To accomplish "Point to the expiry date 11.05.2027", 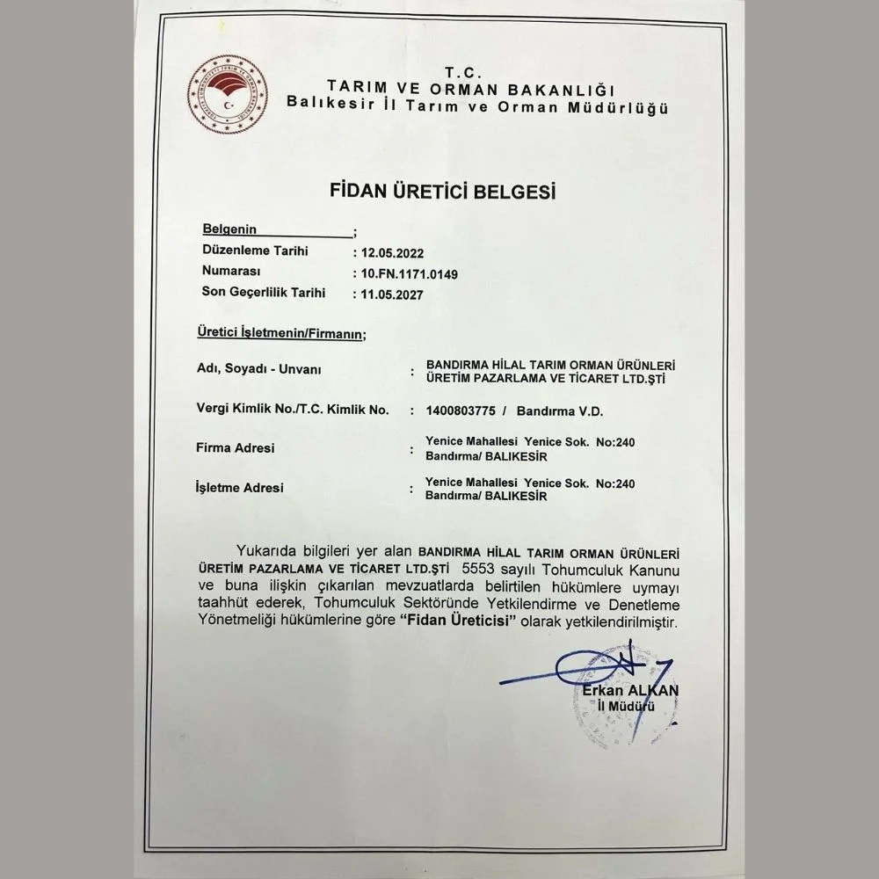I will click(389, 296).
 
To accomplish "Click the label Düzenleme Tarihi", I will click(255, 251).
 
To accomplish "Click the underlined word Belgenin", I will click(229, 229).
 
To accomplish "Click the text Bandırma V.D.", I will click(561, 410).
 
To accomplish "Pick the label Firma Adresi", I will click(235, 448).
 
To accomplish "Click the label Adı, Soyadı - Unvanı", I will click(258, 370).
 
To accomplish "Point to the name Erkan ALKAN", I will click(629, 691).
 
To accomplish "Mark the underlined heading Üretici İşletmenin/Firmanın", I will click(279, 335).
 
